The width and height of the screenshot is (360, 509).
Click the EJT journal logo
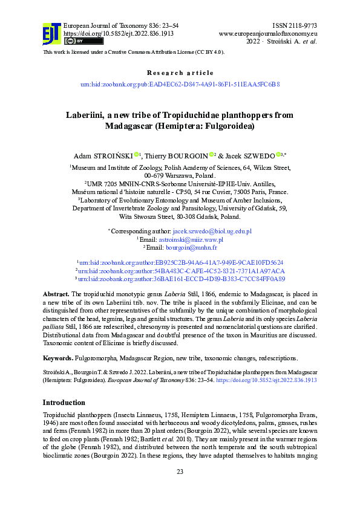tap(51, 33)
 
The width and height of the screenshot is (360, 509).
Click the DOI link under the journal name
tap(110, 33)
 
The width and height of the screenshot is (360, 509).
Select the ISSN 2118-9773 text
tap(295, 25)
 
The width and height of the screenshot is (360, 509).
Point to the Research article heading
tap(180, 73)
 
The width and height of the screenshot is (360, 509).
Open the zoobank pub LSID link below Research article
tap(180, 85)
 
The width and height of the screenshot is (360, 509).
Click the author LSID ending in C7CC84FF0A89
tap(182, 279)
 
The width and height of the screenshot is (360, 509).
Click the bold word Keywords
tap(59, 358)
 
